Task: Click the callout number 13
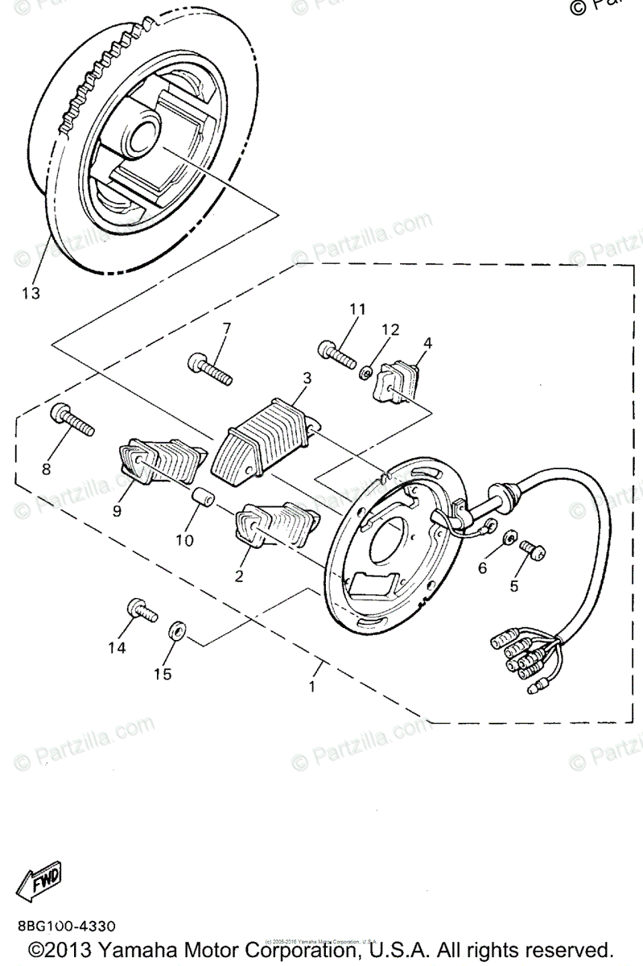[30, 293]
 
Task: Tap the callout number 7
[226, 328]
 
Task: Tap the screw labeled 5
[532, 549]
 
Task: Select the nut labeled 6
[509, 537]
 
